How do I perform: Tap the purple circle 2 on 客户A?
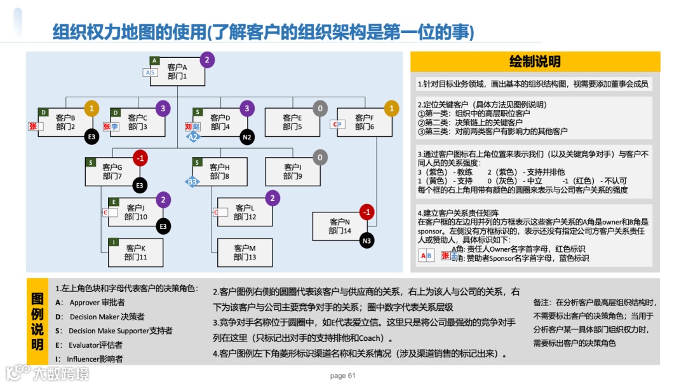(206, 60)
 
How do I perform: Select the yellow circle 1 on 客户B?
(91, 109)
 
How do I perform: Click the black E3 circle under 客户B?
(91, 136)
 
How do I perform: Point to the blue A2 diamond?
(193, 136)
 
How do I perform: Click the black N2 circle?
(247, 136)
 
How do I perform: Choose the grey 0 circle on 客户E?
(320, 109)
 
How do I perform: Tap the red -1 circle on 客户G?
(140, 158)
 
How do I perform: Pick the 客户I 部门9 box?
(292, 172)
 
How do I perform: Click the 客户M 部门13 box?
(245, 252)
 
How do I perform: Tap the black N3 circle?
(367, 240)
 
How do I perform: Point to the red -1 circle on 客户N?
(367, 212)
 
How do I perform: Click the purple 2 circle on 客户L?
(272, 198)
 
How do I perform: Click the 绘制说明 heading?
(535, 62)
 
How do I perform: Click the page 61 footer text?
(343, 375)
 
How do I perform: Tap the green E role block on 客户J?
(114, 202)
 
